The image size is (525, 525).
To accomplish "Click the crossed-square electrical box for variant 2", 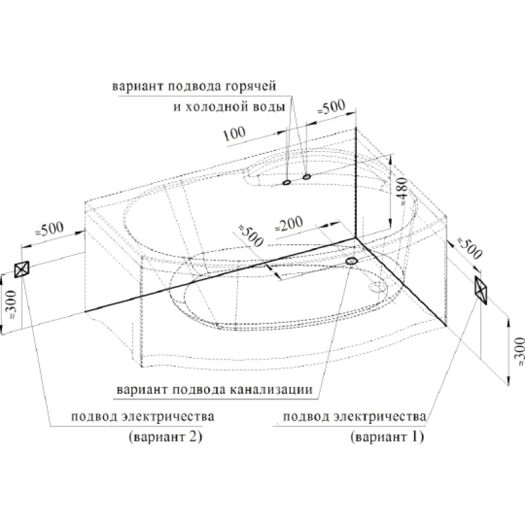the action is pyautogui.click(x=22, y=269).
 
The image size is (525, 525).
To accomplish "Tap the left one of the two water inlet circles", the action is pyautogui.click(x=286, y=182).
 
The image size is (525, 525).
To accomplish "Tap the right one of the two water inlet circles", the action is pyautogui.click(x=306, y=177).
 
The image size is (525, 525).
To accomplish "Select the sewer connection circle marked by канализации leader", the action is pyautogui.click(x=352, y=261).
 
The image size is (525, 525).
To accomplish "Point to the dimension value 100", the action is pyautogui.click(x=234, y=134).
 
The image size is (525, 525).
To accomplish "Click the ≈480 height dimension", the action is pyautogui.click(x=404, y=191).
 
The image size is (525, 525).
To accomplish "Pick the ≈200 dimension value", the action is pyautogui.click(x=289, y=224).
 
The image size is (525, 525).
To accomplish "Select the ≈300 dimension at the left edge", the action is pyautogui.click(x=12, y=304).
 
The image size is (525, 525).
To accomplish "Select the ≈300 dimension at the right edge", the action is pyautogui.click(x=519, y=351).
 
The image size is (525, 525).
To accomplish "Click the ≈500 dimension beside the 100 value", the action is pyautogui.click(x=331, y=107).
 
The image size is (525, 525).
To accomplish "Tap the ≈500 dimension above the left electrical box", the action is pyautogui.click(x=49, y=229).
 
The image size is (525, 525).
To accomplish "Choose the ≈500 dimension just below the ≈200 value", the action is pyautogui.click(x=251, y=235).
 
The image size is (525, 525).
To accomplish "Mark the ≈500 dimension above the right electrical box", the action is pyautogui.click(x=469, y=248).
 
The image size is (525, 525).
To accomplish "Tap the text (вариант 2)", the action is pyautogui.click(x=165, y=437).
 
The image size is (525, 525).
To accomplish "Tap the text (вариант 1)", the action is pyautogui.click(x=387, y=437).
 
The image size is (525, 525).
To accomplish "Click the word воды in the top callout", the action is pyautogui.click(x=270, y=107).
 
